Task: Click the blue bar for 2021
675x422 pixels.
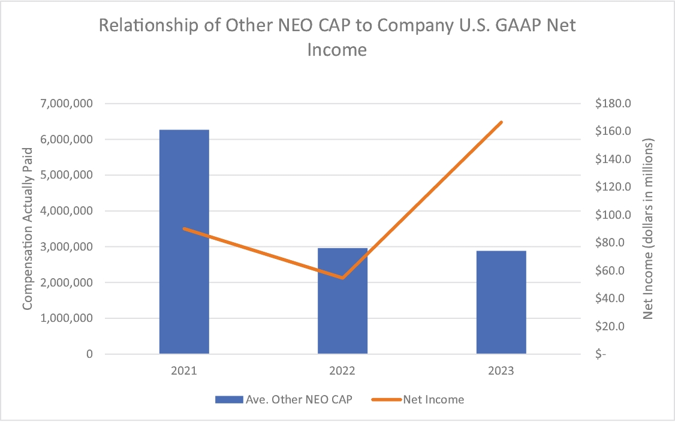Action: pyautogui.click(x=184, y=242)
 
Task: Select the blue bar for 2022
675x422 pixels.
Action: pyautogui.click(x=343, y=301)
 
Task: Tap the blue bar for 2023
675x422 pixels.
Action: pyautogui.click(x=501, y=302)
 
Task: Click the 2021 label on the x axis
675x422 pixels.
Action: pyautogui.click(x=184, y=371)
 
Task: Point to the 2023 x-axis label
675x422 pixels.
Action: pyautogui.click(x=501, y=371)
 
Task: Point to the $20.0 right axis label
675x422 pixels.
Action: pyautogui.click(x=610, y=326)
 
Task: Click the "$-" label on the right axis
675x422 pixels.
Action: pyautogui.click(x=601, y=354)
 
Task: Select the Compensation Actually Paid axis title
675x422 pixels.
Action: pyautogui.click(x=28, y=228)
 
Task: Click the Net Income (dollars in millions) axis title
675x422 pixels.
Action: pyautogui.click(x=648, y=228)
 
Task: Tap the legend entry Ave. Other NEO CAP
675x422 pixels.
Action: pyautogui.click(x=284, y=400)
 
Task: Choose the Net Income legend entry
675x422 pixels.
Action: pyautogui.click(x=418, y=400)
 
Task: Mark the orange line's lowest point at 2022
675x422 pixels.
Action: pyautogui.click(x=343, y=278)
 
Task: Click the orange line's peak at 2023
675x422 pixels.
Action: pyautogui.click(x=501, y=122)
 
